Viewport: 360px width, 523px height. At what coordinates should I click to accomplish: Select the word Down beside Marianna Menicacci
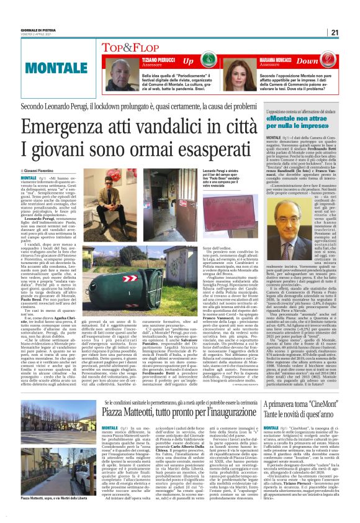[324, 61]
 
